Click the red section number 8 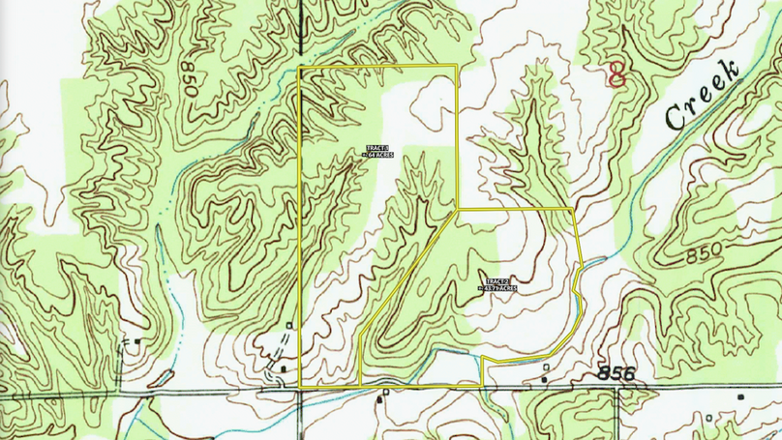[615, 73]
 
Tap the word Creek [703, 94]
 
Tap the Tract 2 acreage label [499, 285]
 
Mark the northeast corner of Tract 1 [456, 66]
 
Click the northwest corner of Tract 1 [299, 69]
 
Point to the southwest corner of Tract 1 [299, 388]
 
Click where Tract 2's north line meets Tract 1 [456, 210]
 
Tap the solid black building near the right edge [741, 397]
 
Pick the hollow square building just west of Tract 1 [290, 325]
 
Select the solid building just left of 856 [544, 379]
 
